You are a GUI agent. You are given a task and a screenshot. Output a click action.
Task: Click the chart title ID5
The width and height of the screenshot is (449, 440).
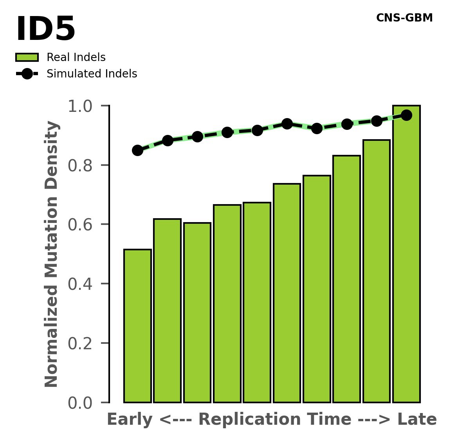click(x=45, y=30)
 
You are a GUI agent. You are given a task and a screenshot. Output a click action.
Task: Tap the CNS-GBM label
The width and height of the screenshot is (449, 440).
click(x=404, y=18)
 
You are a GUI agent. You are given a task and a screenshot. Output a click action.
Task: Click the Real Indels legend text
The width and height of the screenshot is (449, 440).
click(x=76, y=57)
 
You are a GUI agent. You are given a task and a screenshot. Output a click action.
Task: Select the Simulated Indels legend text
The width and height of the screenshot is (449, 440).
click(x=92, y=74)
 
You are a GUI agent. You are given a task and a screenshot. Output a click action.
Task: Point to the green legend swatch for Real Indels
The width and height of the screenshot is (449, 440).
click(x=27, y=57)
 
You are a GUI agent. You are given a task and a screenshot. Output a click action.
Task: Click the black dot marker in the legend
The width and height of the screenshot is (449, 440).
click(x=27, y=74)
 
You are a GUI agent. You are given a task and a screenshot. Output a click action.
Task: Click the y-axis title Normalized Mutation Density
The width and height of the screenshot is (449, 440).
click(x=52, y=254)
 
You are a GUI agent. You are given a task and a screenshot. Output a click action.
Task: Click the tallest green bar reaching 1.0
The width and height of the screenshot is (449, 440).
click(x=406, y=254)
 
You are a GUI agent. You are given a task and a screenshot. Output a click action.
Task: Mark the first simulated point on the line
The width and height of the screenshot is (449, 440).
click(x=137, y=150)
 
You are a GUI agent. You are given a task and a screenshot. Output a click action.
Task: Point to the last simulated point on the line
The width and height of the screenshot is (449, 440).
click(x=406, y=115)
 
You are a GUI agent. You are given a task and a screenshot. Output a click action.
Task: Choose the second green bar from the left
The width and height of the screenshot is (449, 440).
click(x=167, y=311)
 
